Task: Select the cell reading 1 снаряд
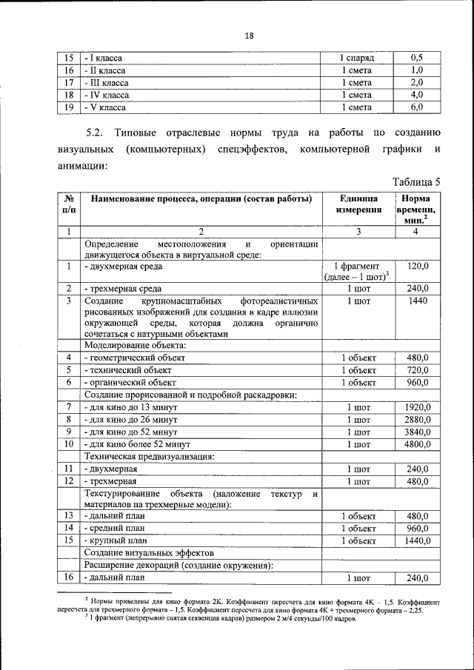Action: [x=357, y=58]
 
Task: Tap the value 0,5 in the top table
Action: [x=417, y=58]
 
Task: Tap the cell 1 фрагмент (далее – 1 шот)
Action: [x=358, y=271]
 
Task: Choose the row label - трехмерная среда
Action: [x=123, y=289]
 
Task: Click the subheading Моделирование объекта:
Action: [x=135, y=345]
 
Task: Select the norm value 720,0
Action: [x=418, y=369]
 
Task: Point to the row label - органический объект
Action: [x=130, y=382]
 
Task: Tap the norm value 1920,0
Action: [x=418, y=407]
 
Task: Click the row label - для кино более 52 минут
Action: [x=138, y=444]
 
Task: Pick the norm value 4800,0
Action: [x=418, y=444]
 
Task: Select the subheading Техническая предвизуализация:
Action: [x=150, y=457]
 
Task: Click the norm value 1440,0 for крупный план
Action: [x=418, y=541]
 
